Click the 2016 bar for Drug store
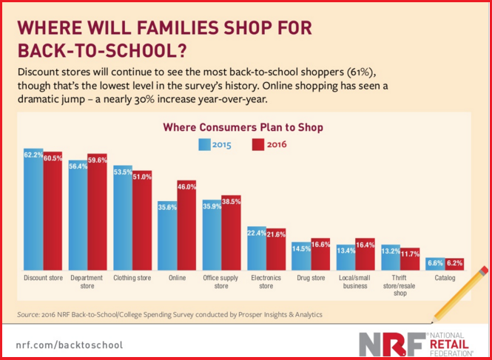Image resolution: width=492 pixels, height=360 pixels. (x=320, y=257)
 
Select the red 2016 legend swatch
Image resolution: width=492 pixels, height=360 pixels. (x=258, y=144)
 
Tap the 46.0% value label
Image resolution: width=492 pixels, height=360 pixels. (x=186, y=188)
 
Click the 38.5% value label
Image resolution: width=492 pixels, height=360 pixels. (x=232, y=201)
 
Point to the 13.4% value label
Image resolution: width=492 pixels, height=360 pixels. (x=346, y=249)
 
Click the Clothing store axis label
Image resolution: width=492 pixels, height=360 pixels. (x=132, y=279)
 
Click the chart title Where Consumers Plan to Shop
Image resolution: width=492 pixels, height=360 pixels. (x=243, y=127)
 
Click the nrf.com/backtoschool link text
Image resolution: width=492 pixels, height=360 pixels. (x=70, y=344)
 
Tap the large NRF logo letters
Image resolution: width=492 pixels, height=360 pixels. (x=390, y=344)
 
